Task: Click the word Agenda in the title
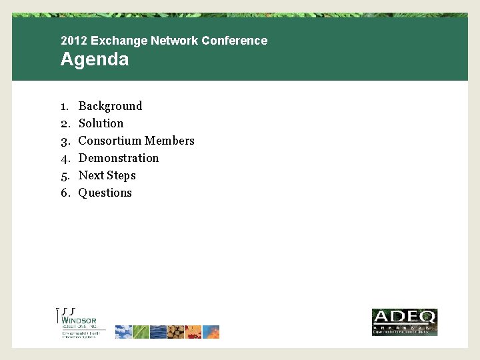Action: click(x=94, y=59)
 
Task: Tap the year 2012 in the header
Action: click(x=73, y=41)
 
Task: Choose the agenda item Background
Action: click(x=110, y=106)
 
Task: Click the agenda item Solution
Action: click(x=101, y=123)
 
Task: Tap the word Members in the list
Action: click(x=169, y=141)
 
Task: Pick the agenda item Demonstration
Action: click(x=119, y=158)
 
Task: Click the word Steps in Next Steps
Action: click(x=121, y=175)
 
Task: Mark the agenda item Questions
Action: click(x=105, y=193)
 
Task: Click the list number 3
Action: click(x=65, y=141)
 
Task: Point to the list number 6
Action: click(x=65, y=193)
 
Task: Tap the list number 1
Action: click(x=65, y=106)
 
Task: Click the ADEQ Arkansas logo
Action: click(x=404, y=322)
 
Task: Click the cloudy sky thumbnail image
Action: click(x=124, y=332)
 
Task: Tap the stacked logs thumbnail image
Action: click(x=176, y=332)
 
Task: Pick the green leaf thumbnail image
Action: click(x=141, y=332)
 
